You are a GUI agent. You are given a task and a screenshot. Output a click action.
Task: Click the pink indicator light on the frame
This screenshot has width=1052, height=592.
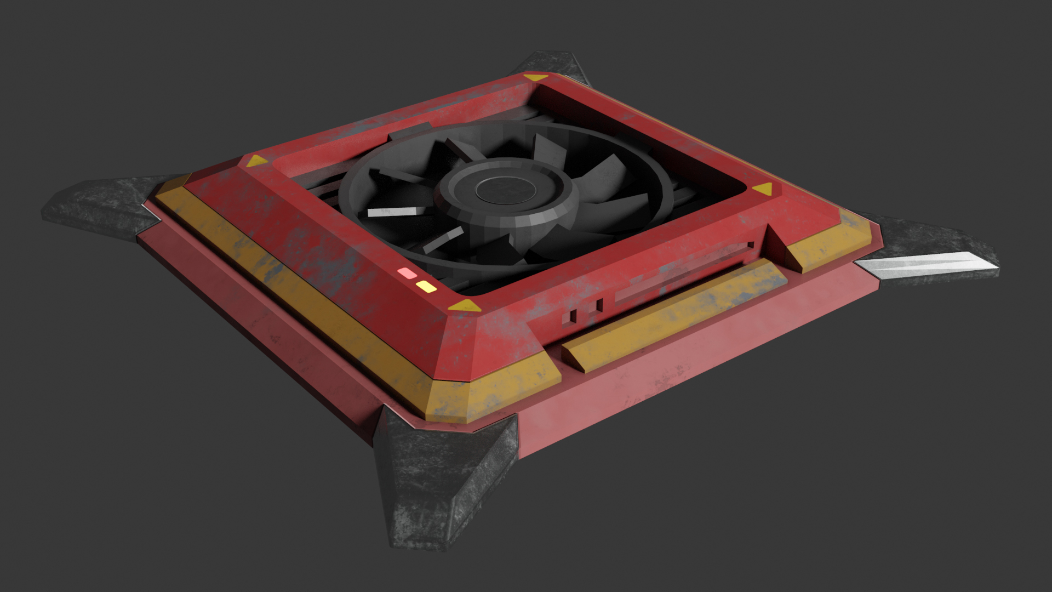click(x=407, y=272)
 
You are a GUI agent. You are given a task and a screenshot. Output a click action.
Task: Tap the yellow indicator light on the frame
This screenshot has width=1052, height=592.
click(x=426, y=286)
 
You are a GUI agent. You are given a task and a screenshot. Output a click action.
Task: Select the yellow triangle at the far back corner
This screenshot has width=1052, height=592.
click(x=531, y=79)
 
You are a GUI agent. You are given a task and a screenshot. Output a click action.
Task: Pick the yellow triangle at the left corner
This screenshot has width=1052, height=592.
click(x=256, y=161)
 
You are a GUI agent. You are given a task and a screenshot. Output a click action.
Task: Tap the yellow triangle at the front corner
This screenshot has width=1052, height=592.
click(x=465, y=306)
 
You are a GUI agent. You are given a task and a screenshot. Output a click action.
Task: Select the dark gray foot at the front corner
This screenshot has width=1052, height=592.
click(x=438, y=482)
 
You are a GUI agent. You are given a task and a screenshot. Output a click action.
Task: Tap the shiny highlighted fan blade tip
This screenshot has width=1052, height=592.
click(x=392, y=212)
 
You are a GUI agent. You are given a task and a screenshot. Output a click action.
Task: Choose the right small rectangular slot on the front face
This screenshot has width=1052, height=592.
click(x=599, y=304)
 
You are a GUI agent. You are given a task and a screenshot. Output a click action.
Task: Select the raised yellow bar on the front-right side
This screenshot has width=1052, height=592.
click(x=674, y=312)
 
